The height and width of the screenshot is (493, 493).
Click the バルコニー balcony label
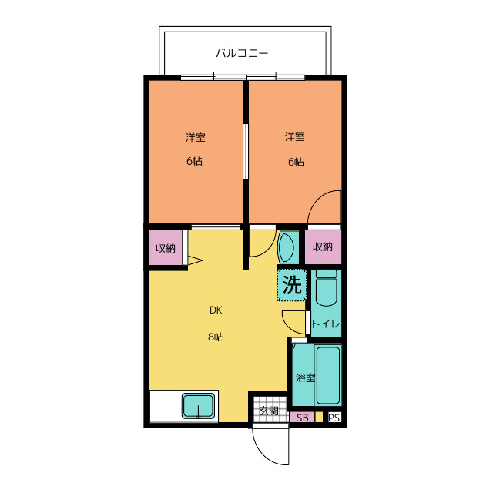(242, 53)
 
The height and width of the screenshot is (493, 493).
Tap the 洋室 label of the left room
(195, 137)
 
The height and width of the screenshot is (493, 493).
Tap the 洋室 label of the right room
(294, 136)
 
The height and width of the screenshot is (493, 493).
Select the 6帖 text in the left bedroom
(194, 161)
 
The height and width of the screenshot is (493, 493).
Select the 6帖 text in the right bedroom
(296, 162)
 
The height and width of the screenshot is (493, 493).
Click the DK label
(216, 310)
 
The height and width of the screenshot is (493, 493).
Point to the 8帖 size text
(216, 337)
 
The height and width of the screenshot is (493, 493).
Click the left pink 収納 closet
(166, 248)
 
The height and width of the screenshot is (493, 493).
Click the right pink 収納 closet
(323, 247)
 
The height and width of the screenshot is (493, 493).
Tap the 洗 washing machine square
(292, 285)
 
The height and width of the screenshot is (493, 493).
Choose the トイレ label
(325, 324)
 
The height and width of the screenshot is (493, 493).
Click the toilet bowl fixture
(327, 287)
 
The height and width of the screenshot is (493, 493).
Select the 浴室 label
(305, 377)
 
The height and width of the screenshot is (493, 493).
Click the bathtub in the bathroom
(328, 375)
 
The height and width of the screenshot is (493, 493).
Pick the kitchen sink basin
(198, 406)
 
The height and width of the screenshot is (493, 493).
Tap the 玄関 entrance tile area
(269, 410)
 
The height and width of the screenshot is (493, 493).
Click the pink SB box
(303, 418)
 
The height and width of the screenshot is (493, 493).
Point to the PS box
(334, 418)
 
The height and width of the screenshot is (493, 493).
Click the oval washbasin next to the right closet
(287, 247)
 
